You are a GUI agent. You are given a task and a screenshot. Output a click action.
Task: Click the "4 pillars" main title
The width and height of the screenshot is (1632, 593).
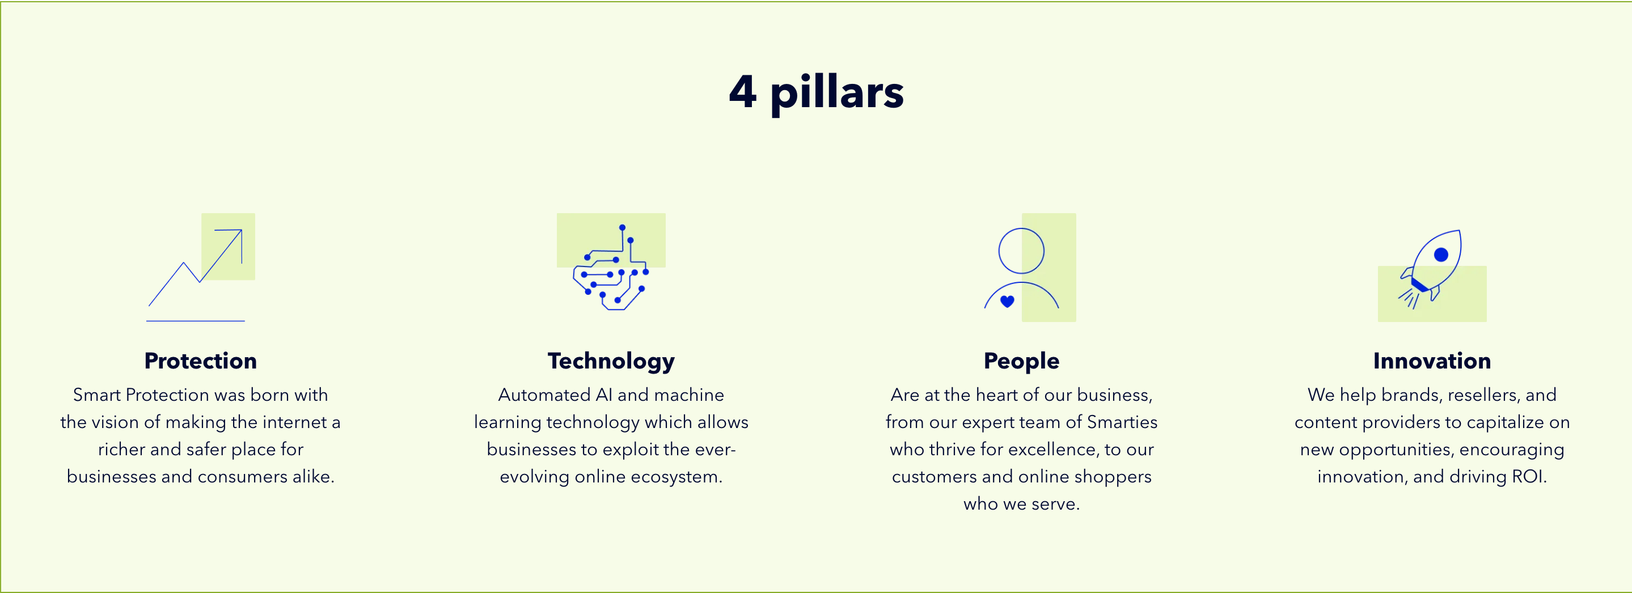click(x=816, y=92)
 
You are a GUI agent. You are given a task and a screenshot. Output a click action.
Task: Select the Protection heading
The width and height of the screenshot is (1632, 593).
click(x=201, y=361)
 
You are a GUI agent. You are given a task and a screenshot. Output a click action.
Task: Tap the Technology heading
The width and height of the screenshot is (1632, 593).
click(x=611, y=361)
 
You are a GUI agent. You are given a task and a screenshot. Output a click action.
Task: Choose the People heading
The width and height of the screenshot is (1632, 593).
click(x=1021, y=361)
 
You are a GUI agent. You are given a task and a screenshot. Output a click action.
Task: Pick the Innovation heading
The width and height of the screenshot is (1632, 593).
click(x=1432, y=361)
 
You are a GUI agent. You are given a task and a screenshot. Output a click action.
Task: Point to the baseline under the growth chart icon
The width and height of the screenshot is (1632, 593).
click(x=196, y=321)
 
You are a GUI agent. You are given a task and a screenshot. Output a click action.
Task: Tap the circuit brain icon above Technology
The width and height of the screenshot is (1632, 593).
click(x=611, y=268)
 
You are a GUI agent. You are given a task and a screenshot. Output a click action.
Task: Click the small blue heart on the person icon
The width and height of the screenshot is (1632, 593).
click(x=1007, y=302)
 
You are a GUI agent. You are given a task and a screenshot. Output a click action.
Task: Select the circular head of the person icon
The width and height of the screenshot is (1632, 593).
click(x=1021, y=228)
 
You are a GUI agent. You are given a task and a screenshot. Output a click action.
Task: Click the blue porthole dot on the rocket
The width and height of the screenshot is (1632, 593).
click(x=1441, y=255)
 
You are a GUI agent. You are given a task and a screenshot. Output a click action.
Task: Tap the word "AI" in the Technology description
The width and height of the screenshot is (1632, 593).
click(x=604, y=395)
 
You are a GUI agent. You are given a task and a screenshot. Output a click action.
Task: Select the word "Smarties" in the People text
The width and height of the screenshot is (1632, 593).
click(x=1122, y=422)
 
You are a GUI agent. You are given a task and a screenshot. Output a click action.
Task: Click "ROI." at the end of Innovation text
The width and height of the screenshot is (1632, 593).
click(x=1529, y=476)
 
